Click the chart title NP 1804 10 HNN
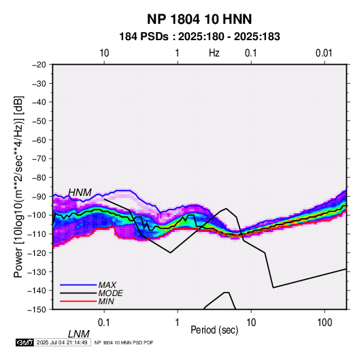click(x=199, y=19)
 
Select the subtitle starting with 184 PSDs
click(x=199, y=37)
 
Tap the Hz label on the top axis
click(x=214, y=53)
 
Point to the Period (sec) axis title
click(x=214, y=330)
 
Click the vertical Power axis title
click(x=18, y=186)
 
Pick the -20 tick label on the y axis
click(x=39, y=65)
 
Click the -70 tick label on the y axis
click(x=39, y=159)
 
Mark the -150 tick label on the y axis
click(x=37, y=310)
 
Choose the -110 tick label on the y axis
click(x=37, y=234)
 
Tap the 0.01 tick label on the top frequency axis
click(x=324, y=53)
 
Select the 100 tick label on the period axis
click(x=325, y=323)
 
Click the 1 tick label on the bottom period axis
click(x=178, y=323)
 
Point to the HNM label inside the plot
click(x=80, y=193)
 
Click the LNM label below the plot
click(x=78, y=334)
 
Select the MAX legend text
click(x=107, y=284)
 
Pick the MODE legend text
click(x=110, y=293)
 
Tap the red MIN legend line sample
click(x=78, y=301)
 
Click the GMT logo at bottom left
click(x=24, y=342)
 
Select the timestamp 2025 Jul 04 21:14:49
click(x=62, y=342)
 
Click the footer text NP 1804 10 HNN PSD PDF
click(x=124, y=342)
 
